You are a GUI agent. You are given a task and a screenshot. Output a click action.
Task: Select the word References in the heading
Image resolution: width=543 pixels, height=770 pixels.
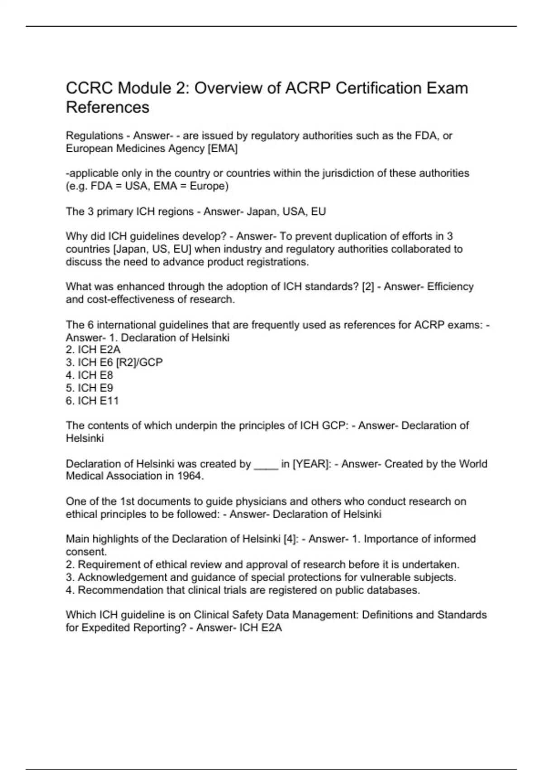[x=108, y=107]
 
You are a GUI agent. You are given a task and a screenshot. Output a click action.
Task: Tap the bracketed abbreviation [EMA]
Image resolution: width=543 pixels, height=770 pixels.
[x=222, y=149]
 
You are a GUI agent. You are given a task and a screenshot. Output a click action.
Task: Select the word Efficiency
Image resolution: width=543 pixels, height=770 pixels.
[x=450, y=286]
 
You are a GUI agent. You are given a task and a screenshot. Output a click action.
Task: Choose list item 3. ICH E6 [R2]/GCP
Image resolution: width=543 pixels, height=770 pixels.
[x=114, y=362]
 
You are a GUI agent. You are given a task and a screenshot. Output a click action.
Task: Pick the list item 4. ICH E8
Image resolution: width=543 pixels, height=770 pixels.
[x=89, y=375]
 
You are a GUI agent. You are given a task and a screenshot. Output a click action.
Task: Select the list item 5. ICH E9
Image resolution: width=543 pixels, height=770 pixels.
[x=89, y=388]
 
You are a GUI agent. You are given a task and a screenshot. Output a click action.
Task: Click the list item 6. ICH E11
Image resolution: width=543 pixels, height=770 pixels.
[x=92, y=400]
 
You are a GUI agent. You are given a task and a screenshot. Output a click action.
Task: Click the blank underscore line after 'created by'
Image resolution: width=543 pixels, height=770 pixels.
[x=266, y=464]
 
